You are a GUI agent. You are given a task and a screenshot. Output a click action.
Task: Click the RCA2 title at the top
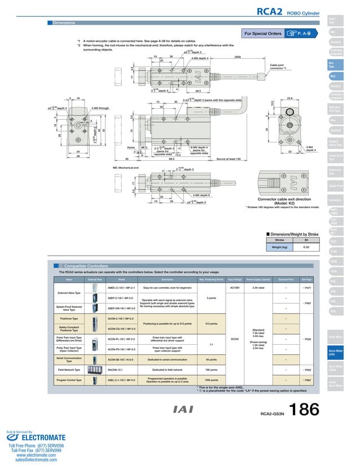[x=270, y=11]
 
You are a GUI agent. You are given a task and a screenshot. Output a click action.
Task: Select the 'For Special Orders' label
[x=262, y=34]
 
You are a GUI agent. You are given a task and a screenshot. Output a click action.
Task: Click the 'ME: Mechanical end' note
[x=130, y=168]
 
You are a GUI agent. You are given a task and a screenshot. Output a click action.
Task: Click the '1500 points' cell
[x=211, y=380]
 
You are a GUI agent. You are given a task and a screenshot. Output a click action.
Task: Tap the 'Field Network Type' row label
[x=69, y=370]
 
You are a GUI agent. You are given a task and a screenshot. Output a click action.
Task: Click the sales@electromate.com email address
[x=32, y=460]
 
